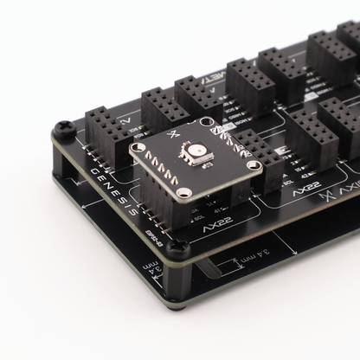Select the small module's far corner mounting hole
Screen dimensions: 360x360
tap(208, 126)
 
